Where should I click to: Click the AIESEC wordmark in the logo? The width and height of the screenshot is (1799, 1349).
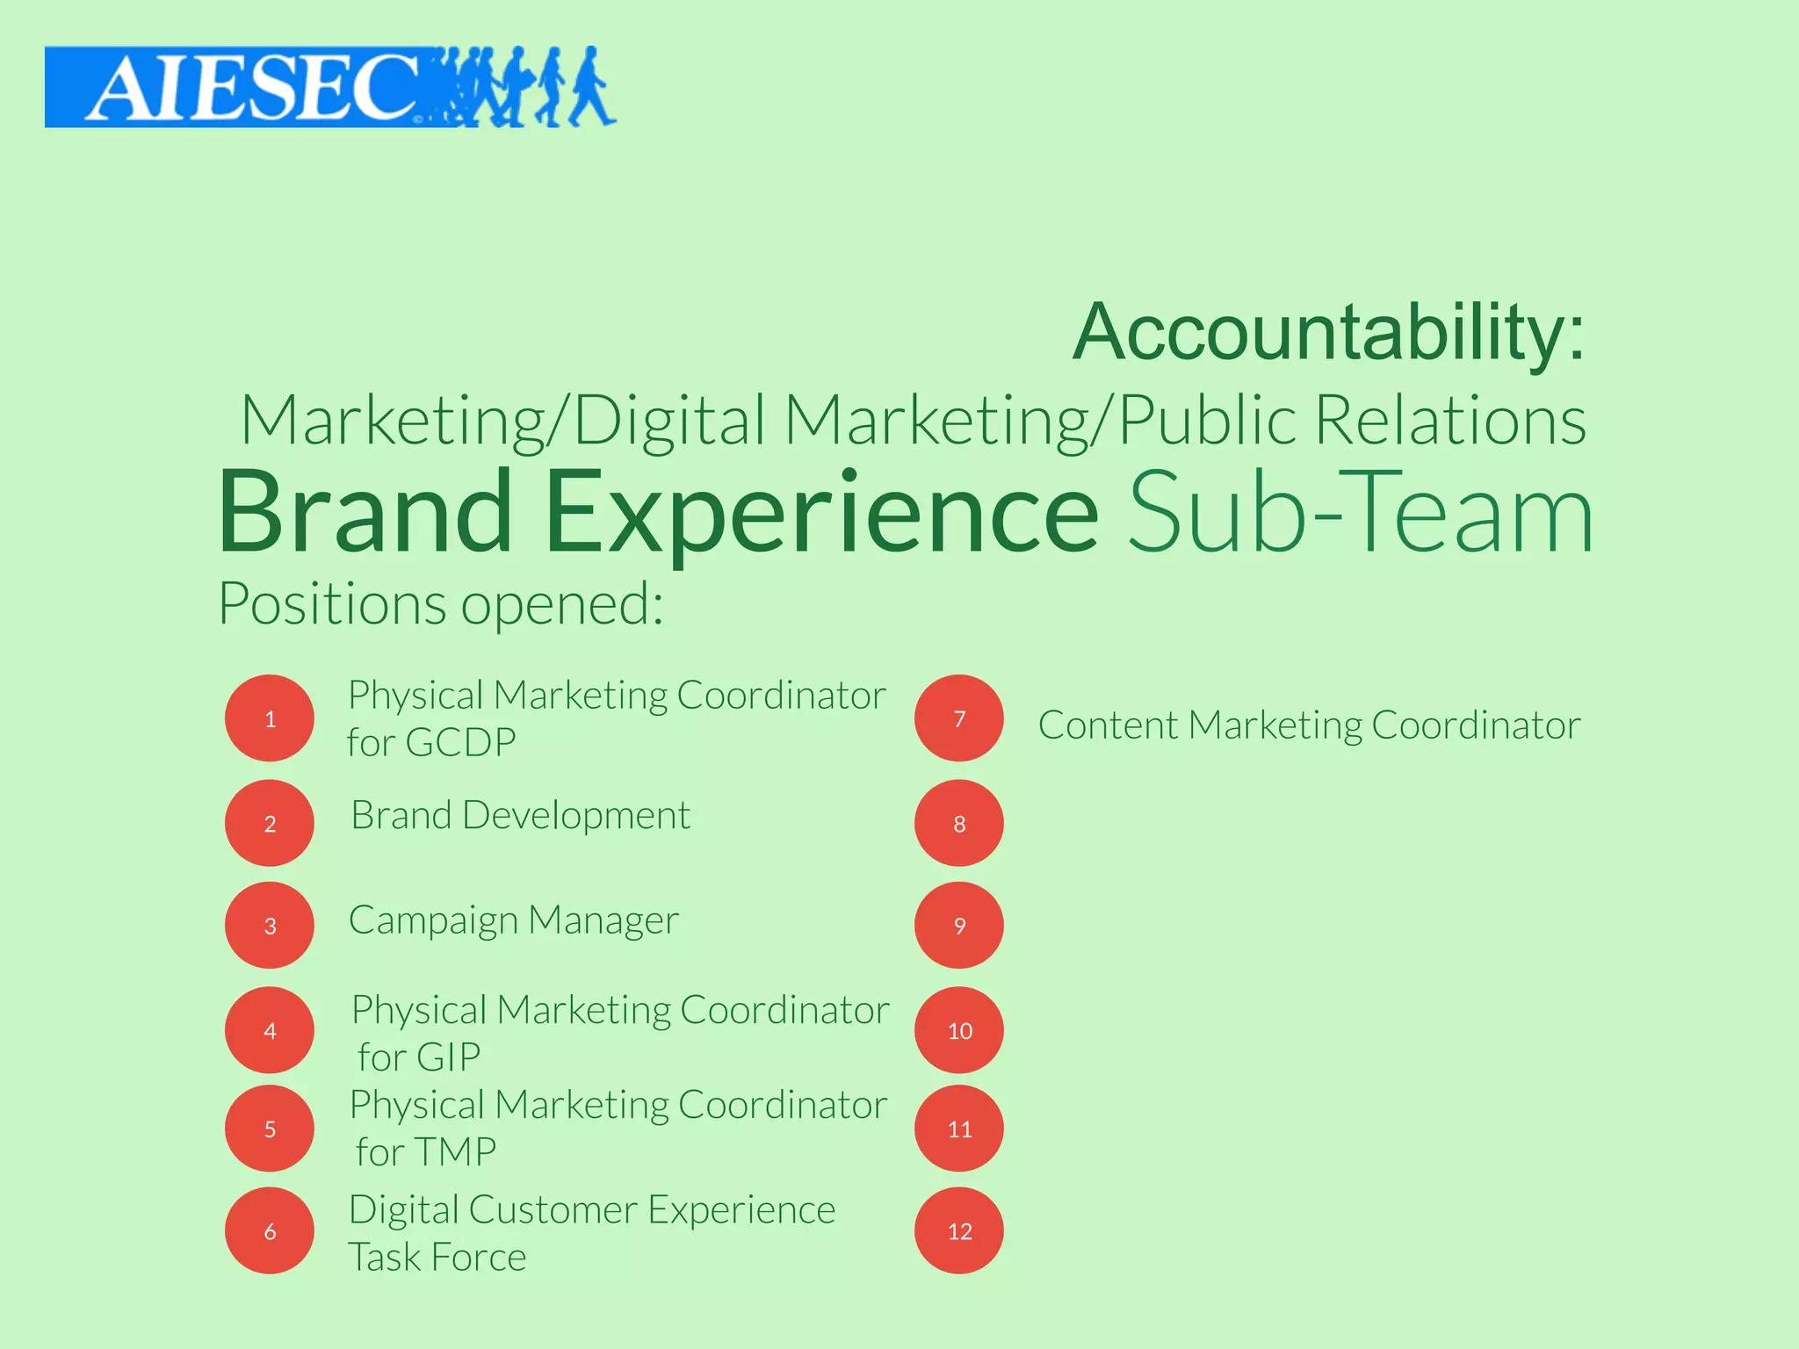click(250, 88)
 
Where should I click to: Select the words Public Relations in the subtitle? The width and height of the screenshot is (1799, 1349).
click(1353, 420)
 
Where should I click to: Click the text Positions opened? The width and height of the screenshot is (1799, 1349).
click(440, 604)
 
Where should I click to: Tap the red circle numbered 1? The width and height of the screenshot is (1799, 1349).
click(270, 718)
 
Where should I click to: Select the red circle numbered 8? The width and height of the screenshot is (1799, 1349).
click(959, 823)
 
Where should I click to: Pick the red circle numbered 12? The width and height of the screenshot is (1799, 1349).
click(959, 1230)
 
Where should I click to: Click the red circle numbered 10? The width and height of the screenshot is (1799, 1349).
click(959, 1030)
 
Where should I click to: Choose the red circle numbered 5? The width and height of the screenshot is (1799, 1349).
click(270, 1129)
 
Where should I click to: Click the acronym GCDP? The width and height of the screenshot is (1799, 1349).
click(460, 743)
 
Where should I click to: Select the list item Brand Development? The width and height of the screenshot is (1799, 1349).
click(520, 815)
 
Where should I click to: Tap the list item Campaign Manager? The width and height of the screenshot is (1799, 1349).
click(514, 920)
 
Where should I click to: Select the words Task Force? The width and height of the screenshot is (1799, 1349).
click(437, 1258)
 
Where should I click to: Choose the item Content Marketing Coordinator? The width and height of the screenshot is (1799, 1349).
click(1309, 725)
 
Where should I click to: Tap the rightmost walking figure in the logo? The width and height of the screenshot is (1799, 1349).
click(590, 88)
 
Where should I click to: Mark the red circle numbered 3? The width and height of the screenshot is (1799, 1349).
click(270, 925)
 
